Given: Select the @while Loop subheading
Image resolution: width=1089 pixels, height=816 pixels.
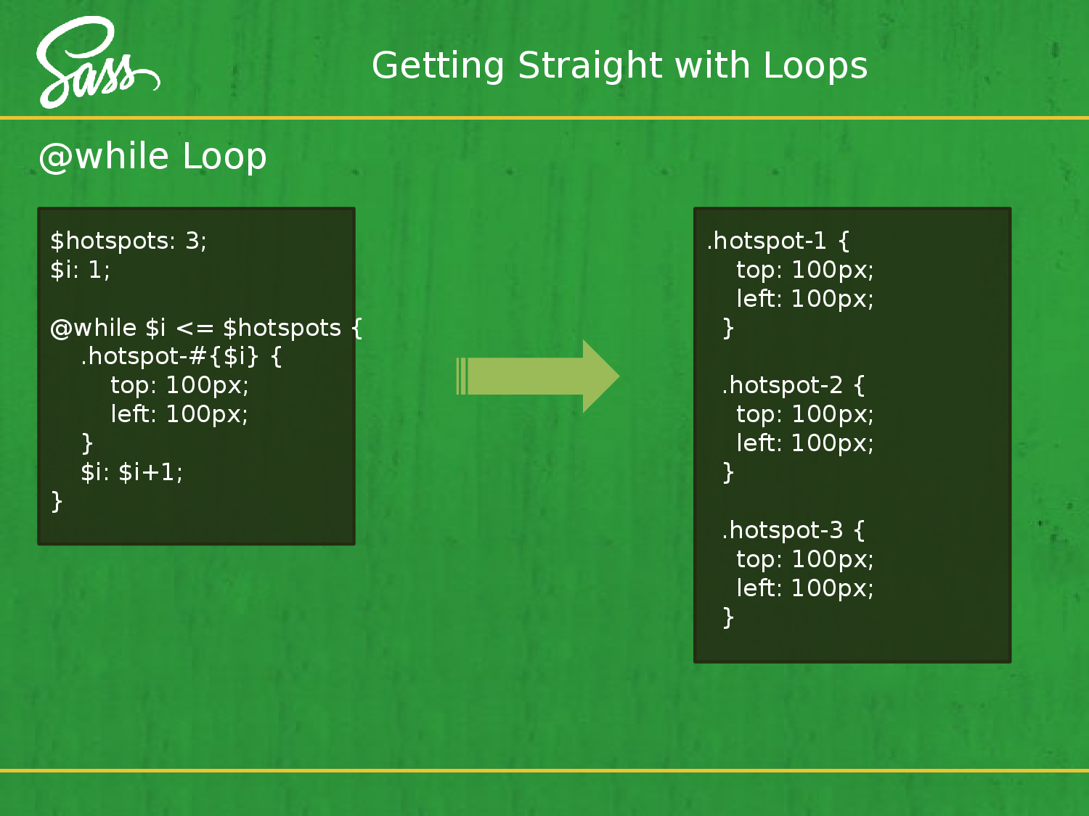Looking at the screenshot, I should coord(152,157).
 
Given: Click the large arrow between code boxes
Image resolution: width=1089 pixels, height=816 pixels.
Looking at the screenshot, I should coord(537,376).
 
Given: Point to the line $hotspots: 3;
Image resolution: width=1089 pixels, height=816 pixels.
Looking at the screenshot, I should coord(129,241).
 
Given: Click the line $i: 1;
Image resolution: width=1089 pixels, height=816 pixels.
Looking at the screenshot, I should coord(80,270).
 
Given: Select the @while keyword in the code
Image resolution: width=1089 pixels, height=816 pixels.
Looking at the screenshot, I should coord(93,328).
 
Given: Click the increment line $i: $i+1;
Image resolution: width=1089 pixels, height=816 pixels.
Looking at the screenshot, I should coord(131,472).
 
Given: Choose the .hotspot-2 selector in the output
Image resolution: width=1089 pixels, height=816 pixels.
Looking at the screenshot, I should coord(783,385).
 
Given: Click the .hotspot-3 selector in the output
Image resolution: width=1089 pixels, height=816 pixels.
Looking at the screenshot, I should coord(783,530).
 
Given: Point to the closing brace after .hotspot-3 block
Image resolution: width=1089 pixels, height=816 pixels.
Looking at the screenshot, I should coord(728,617).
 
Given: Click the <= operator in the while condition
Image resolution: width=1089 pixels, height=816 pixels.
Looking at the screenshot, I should coord(195,329).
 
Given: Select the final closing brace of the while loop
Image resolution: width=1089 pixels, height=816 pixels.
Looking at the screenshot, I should coord(57,501).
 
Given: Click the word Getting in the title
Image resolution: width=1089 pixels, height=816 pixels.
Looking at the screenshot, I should coord(438,66).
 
